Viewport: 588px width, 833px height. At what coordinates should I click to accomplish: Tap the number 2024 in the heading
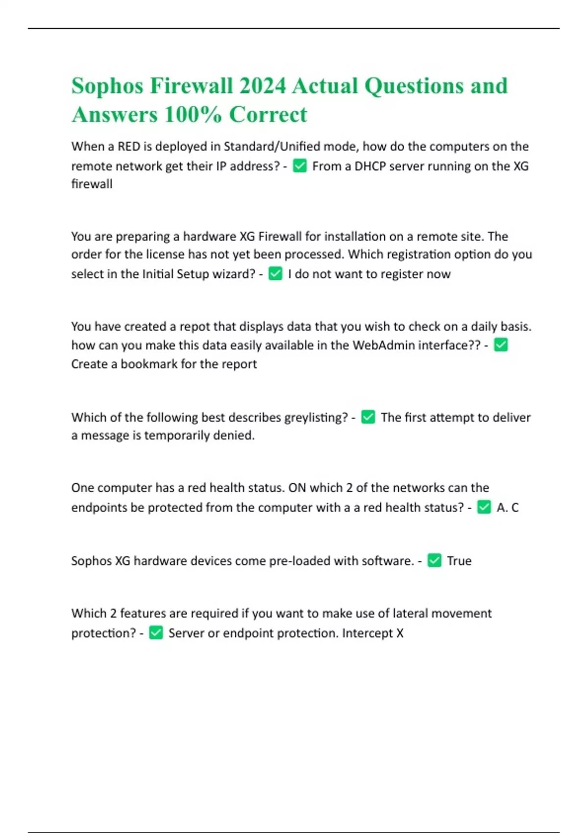tap(262, 86)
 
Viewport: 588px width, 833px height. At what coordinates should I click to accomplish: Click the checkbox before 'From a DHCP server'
tap(299, 166)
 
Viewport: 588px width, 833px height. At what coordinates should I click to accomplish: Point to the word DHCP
tap(370, 166)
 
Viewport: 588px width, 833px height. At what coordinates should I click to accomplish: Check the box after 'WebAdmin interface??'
tap(501, 345)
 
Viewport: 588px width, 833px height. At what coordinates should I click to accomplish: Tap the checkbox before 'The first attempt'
tap(368, 417)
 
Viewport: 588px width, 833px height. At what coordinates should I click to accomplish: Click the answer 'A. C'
tap(507, 507)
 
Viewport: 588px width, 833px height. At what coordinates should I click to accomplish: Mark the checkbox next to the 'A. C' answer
tap(484, 507)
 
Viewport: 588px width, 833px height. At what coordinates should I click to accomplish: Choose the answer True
tap(459, 561)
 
